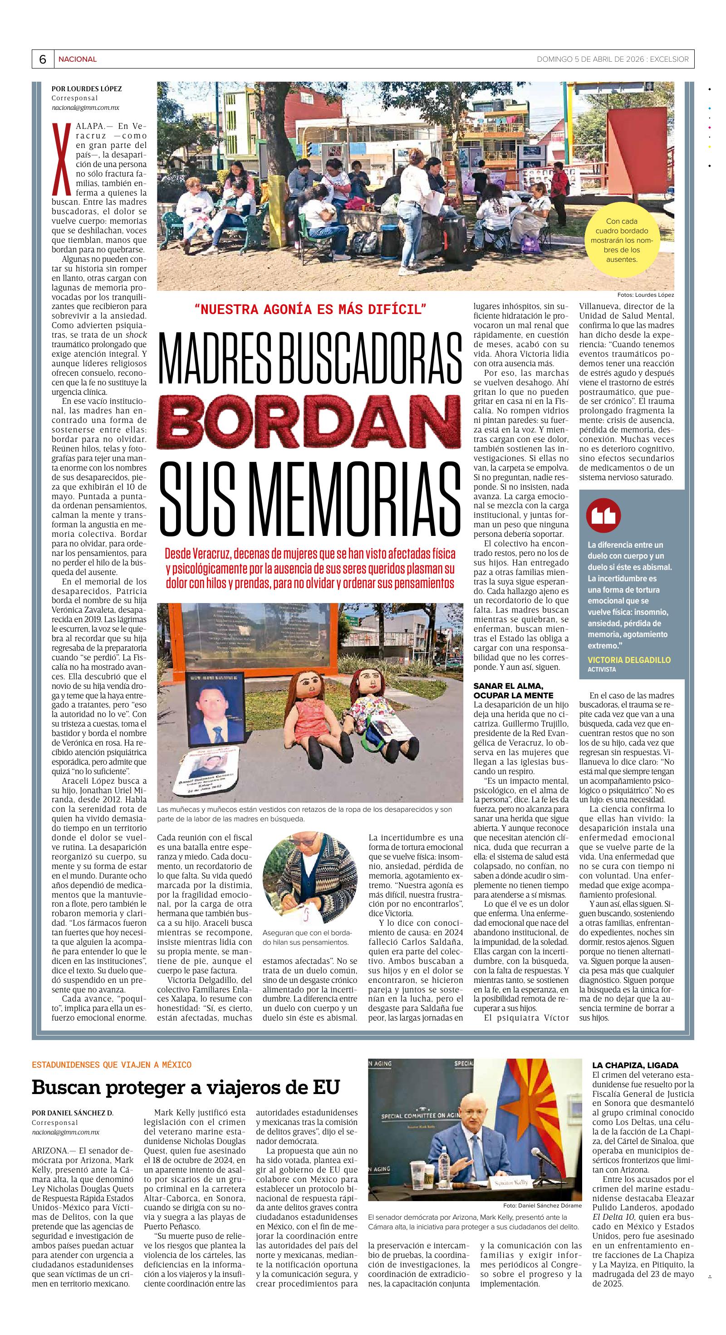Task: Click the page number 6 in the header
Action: click(x=43, y=59)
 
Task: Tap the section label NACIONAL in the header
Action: click(x=77, y=59)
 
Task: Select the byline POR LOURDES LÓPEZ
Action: click(x=87, y=88)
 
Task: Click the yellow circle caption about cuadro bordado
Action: click(x=621, y=240)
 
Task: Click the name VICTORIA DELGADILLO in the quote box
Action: click(x=628, y=660)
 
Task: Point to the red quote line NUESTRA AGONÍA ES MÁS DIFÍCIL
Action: click(x=310, y=309)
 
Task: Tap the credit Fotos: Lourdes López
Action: click(x=645, y=294)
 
